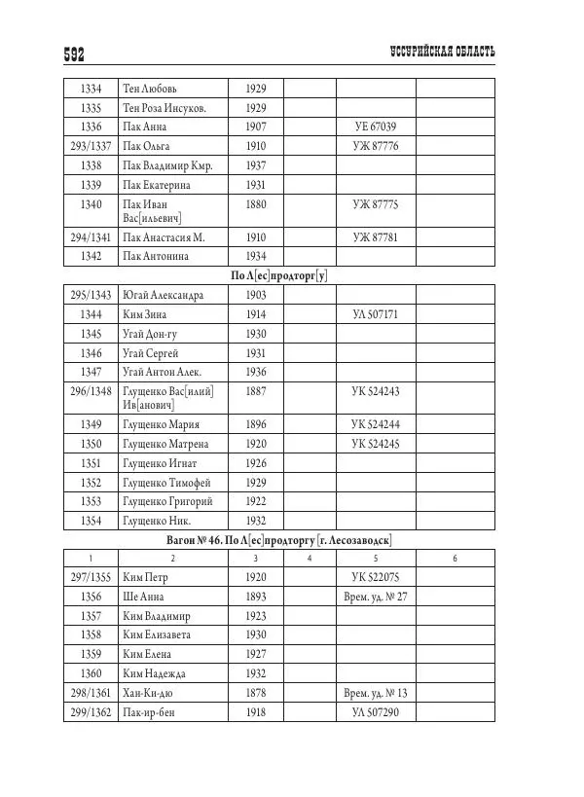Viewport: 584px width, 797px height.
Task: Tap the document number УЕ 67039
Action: (x=375, y=127)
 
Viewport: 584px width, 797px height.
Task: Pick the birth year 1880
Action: (x=256, y=204)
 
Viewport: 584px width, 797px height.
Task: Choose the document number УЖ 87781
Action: (x=375, y=236)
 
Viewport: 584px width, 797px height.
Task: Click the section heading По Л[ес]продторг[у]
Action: (x=278, y=275)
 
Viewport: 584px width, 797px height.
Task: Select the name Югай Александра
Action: (x=163, y=295)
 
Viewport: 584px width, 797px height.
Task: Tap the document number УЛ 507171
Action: (x=375, y=314)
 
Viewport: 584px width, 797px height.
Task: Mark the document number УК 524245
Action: (x=375, y=443)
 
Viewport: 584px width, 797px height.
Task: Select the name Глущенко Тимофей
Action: (x=166, y=482)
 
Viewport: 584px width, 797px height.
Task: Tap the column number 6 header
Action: (x=456, y=558)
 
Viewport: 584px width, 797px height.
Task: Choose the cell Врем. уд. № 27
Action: (x=375, y=596)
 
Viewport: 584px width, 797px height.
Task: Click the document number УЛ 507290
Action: (x=375, y=711)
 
